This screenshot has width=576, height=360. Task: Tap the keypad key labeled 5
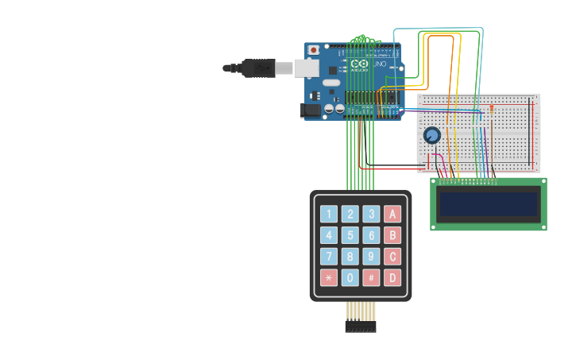[x=350, y=235]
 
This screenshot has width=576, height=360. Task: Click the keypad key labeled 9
[x=371, y=257]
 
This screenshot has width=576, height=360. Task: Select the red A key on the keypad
[x=392, y=214]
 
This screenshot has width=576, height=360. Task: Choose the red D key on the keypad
[x=392, y=278]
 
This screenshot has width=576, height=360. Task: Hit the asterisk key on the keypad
[x=328, y=278]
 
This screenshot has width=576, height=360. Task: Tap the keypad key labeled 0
[x=350, y=278]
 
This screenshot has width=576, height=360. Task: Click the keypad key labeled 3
[x=371, y=214]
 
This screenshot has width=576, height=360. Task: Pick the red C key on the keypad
[x=392, y=257]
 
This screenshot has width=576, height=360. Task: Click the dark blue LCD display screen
[x=488, y=204]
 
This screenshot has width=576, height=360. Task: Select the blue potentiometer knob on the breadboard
[x=432, y=135]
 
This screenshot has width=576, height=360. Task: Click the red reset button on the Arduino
[x=314, y=50]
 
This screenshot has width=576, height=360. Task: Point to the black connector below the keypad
[x=360, y=326]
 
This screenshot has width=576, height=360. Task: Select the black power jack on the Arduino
[x=311, y=110]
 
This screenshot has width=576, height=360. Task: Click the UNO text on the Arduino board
[x=379, y=64]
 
